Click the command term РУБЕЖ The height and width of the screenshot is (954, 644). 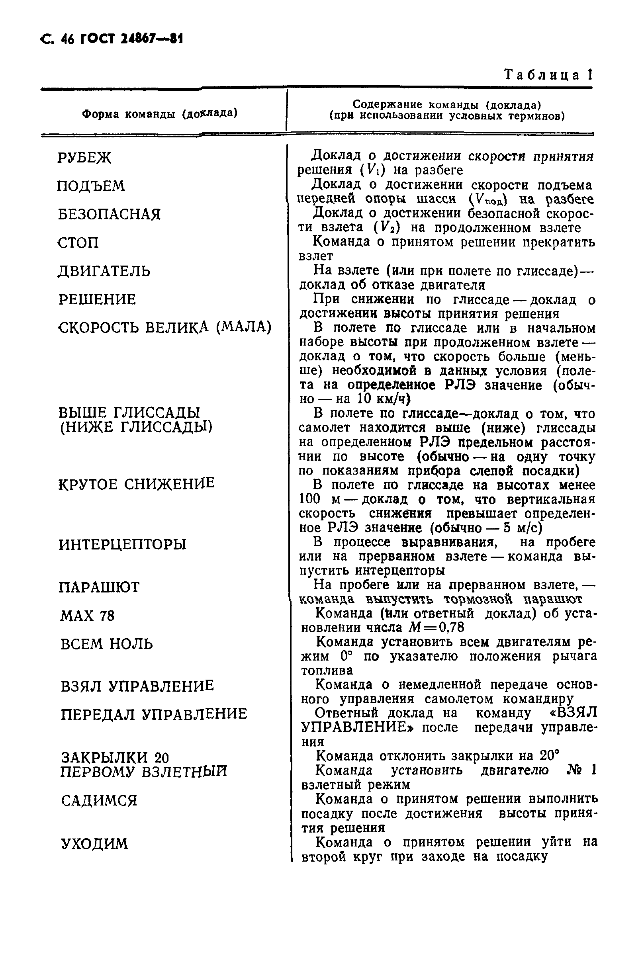tap(84, 158)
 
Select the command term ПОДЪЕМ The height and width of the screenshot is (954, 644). tap(90, 186)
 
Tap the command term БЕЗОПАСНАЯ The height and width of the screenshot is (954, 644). tap(109, 214)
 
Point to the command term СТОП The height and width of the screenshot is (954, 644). tap(78, 242)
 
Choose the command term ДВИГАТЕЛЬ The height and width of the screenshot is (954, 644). tap(104, 271)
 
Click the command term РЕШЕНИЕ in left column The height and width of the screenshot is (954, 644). tap(97, 300)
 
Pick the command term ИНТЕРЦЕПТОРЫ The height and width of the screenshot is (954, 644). tap(122, 545)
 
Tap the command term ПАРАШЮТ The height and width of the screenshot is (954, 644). tap(100, 587)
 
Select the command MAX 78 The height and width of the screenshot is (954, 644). tap(87, 616)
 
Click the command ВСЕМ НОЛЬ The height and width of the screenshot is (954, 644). tap(107, 644)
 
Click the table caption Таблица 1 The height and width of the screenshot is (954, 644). tap(548, 75)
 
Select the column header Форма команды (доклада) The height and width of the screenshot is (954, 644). tap(160, 114)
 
